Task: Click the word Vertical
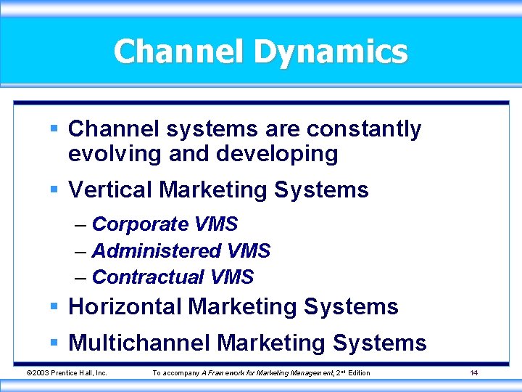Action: (x=109, y=190)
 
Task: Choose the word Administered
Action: (x=157, y=251)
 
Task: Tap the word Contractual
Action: (x=148, y=277)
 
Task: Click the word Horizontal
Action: (x=125, y=306)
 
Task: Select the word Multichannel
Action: (x=139, y=342)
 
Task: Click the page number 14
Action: (x=473, y=373)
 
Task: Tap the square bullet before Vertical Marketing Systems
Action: (x=54, y=190)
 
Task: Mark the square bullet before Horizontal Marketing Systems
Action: (x=54, y=306)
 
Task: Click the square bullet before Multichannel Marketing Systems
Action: (x=54, y=342)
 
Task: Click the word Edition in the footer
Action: (x=358, y=373)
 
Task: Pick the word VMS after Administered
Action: (x=249, y=251)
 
